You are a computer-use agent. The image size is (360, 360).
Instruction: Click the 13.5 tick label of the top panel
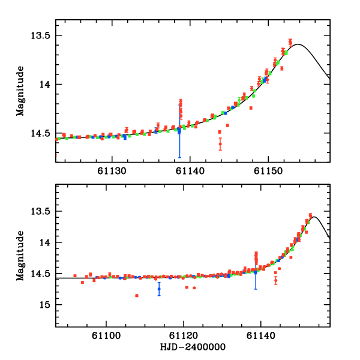(x=43, y=35)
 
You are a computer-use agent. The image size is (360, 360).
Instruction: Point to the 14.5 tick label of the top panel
(x=43, y=133)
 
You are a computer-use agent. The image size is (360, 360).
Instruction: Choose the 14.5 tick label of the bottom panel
(x=43, y=274)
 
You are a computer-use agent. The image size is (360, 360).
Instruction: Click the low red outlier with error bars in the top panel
(x=220, y=143)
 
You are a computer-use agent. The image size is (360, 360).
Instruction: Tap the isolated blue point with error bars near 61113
(x=159, y=289)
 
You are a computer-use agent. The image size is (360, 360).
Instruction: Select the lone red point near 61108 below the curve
(x=137, y=295)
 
